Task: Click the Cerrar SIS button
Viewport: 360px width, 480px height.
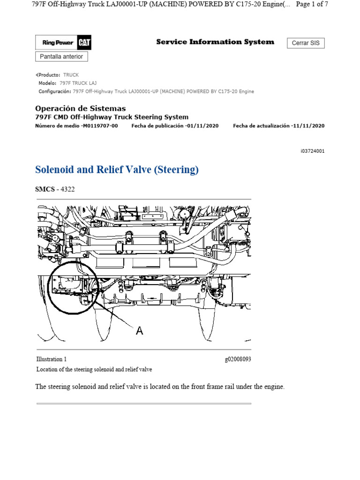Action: coord(306,43)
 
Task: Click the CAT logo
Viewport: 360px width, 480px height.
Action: coord(85,43)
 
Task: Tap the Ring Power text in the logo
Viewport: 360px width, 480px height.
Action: coord(58,43)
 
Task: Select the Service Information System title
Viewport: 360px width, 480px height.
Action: coord(215,42)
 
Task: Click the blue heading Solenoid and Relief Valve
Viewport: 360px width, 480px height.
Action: coord(117,170)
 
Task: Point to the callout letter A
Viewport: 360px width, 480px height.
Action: coord(139,331)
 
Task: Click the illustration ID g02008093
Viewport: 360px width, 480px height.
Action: coord(238,359)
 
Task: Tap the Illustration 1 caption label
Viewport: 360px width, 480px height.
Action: coord(52,359)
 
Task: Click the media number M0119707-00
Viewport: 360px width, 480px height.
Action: coord(99,126)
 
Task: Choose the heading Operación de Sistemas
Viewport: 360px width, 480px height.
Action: coord(81,108)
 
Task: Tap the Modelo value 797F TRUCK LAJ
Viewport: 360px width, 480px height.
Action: coord(78,83)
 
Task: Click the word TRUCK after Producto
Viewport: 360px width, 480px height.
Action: coord(71,75)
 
